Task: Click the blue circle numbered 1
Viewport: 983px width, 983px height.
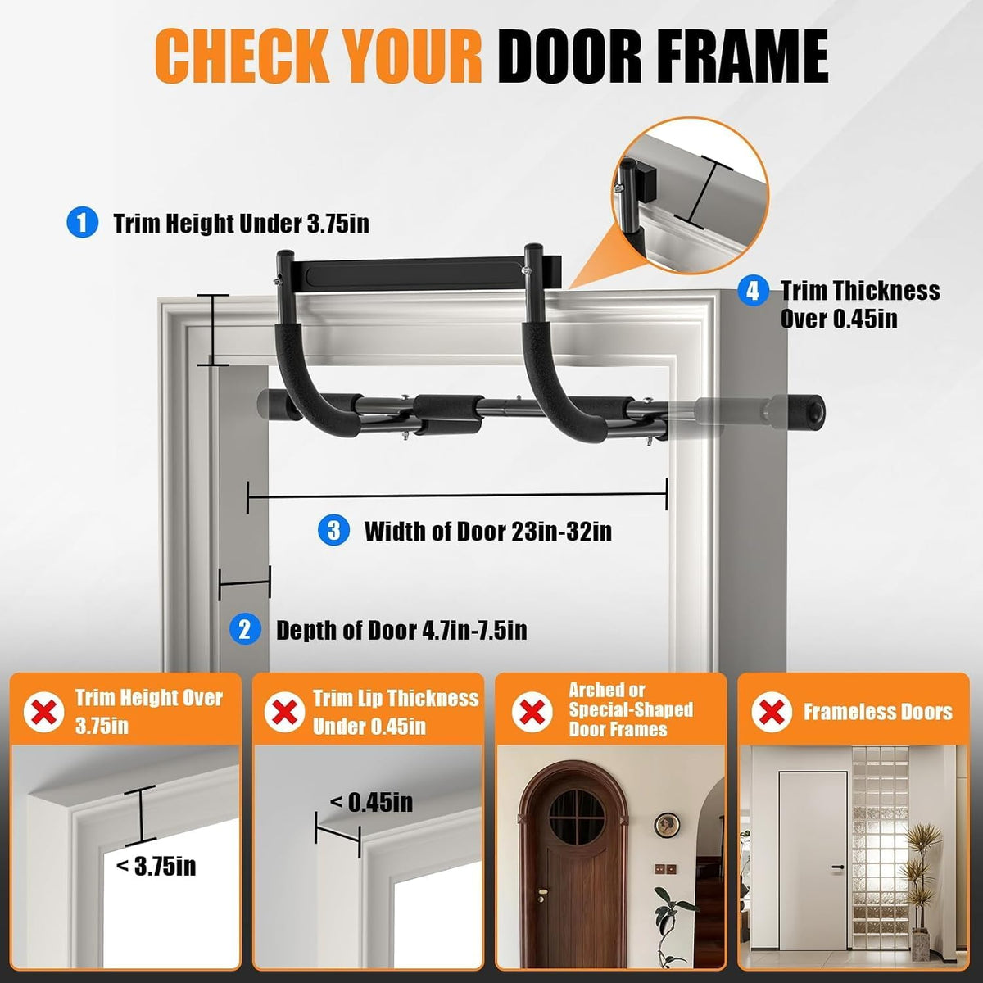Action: click(82, 223)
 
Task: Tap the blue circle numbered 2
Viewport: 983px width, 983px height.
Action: click(245, 629)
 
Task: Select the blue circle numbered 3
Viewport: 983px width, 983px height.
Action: click(333, 530)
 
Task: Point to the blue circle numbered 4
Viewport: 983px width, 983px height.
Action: click(753, 291)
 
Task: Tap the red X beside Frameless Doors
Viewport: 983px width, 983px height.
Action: click(772, 712)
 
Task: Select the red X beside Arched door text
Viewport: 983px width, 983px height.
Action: click(532, 711)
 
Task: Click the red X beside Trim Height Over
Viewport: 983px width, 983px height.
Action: click(44, 712)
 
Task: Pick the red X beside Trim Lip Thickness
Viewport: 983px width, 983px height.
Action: click(284, 712)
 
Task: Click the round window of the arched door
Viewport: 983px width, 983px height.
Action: click(577, 816)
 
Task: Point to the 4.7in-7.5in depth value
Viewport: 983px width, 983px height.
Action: click(475, 631)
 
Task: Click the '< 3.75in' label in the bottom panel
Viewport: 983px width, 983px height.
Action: click(156, 865)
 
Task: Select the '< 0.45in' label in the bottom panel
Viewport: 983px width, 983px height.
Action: click(371, 803)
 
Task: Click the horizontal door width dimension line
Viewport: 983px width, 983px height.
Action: click(457, 496)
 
